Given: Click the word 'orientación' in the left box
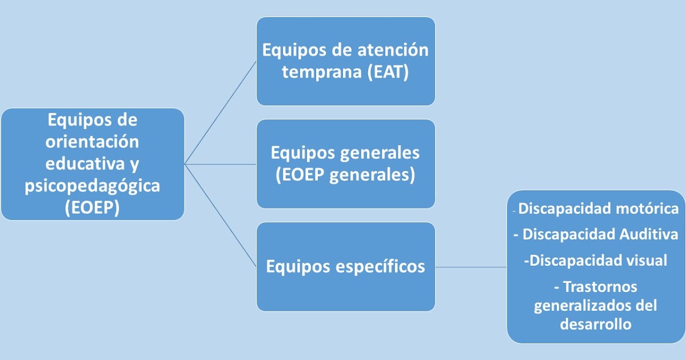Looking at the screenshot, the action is click(x=92, y=142).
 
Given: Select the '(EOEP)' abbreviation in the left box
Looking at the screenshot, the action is click(x=92, y=207).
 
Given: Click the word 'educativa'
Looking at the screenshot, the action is click(x=85, y=163).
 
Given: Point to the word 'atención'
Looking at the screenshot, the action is click(x=393, y=50).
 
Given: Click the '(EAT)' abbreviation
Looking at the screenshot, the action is click(x=388, y=72).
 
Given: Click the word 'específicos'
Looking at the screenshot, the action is click(x=380, y=267).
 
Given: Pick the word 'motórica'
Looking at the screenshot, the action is click(x=647, y=209).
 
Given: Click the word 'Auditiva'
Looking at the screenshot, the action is click(x=649, y=234).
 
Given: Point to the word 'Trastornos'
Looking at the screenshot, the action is click(x=600, y=287).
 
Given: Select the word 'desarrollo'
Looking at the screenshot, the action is click(x=596, y=324).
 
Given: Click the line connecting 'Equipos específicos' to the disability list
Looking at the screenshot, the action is click(x=471, y=267).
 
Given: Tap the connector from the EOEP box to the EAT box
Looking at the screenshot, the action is click(x=220, y=113).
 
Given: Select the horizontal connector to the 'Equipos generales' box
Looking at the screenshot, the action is click(x=221, y=164).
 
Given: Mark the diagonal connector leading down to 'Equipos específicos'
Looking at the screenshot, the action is click(x=220, y=215).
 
